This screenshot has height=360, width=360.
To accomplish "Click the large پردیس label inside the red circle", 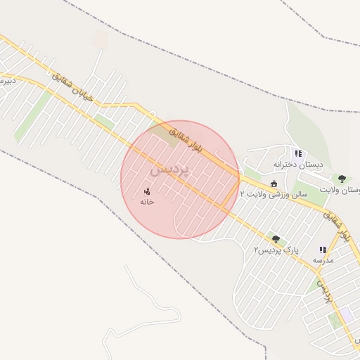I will coord(169,170).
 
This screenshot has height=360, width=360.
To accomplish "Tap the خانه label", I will coord(146,201).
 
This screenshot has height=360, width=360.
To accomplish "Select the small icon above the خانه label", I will coord(147,191).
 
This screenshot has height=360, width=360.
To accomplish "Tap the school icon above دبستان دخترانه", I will coord(298,153).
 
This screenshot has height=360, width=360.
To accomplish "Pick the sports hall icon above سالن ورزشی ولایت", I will coord(274,184).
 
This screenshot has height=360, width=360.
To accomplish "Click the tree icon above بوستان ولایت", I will coord(342,179).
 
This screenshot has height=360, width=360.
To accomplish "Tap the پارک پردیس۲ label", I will coord(276,250).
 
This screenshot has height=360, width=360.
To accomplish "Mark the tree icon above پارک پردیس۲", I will coord(276,240).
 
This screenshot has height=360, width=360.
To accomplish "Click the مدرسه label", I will coord(323,260).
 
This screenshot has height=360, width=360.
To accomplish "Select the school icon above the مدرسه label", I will coord(323,250).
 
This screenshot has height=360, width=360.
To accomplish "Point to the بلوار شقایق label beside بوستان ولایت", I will coord(336,226).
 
